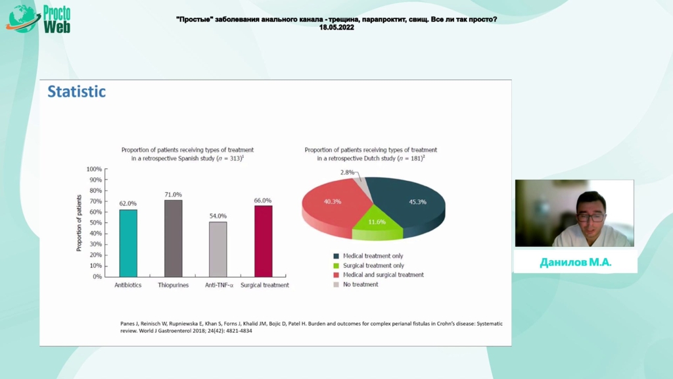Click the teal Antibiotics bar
[x=128, y=243]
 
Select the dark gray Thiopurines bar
[x=174, y=238]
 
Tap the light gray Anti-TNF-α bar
[x=218, y=249]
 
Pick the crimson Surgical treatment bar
[x=263, y=241]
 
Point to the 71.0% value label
[x=173, y=195]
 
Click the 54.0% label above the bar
[x=218, y=216]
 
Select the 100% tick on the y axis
[x=94, y=169]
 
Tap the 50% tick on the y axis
[x=95, y=223]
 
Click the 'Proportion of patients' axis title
[x=79, y=223]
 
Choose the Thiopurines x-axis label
[x=173, y=285]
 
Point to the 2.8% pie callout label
[x=347, y=172]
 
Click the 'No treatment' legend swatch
[x=336, y=284]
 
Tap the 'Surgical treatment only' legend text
[x=373, y=266]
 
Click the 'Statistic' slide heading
[x=76, y=91]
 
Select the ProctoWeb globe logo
[x=22, y=19]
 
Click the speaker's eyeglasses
[x=592, y=217]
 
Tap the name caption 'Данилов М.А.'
[x=576, y=262]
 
